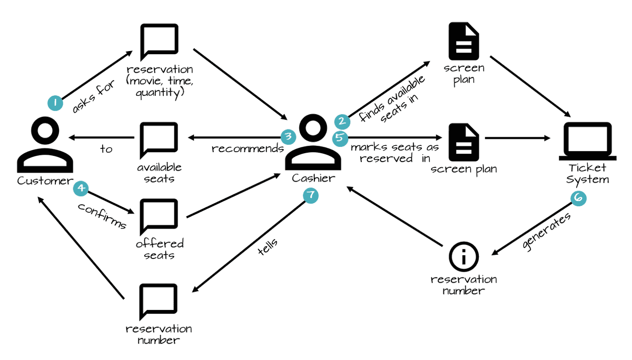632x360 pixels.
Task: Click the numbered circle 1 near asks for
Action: pos(54,102)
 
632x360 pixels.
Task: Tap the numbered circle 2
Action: pos(342,122)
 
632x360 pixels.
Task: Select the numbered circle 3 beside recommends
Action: pos(288,137)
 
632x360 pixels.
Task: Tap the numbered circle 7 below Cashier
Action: pos(311,195)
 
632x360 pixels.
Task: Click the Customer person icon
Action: pos(44,144)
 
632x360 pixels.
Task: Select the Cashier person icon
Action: pos(312,143)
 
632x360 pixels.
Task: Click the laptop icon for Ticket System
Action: pos(587,141)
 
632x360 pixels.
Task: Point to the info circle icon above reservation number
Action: pos(463,257)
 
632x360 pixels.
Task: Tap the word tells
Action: pos(268,246)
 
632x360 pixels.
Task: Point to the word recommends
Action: pos(247,149)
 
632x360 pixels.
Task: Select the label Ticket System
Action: pos(587,174)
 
